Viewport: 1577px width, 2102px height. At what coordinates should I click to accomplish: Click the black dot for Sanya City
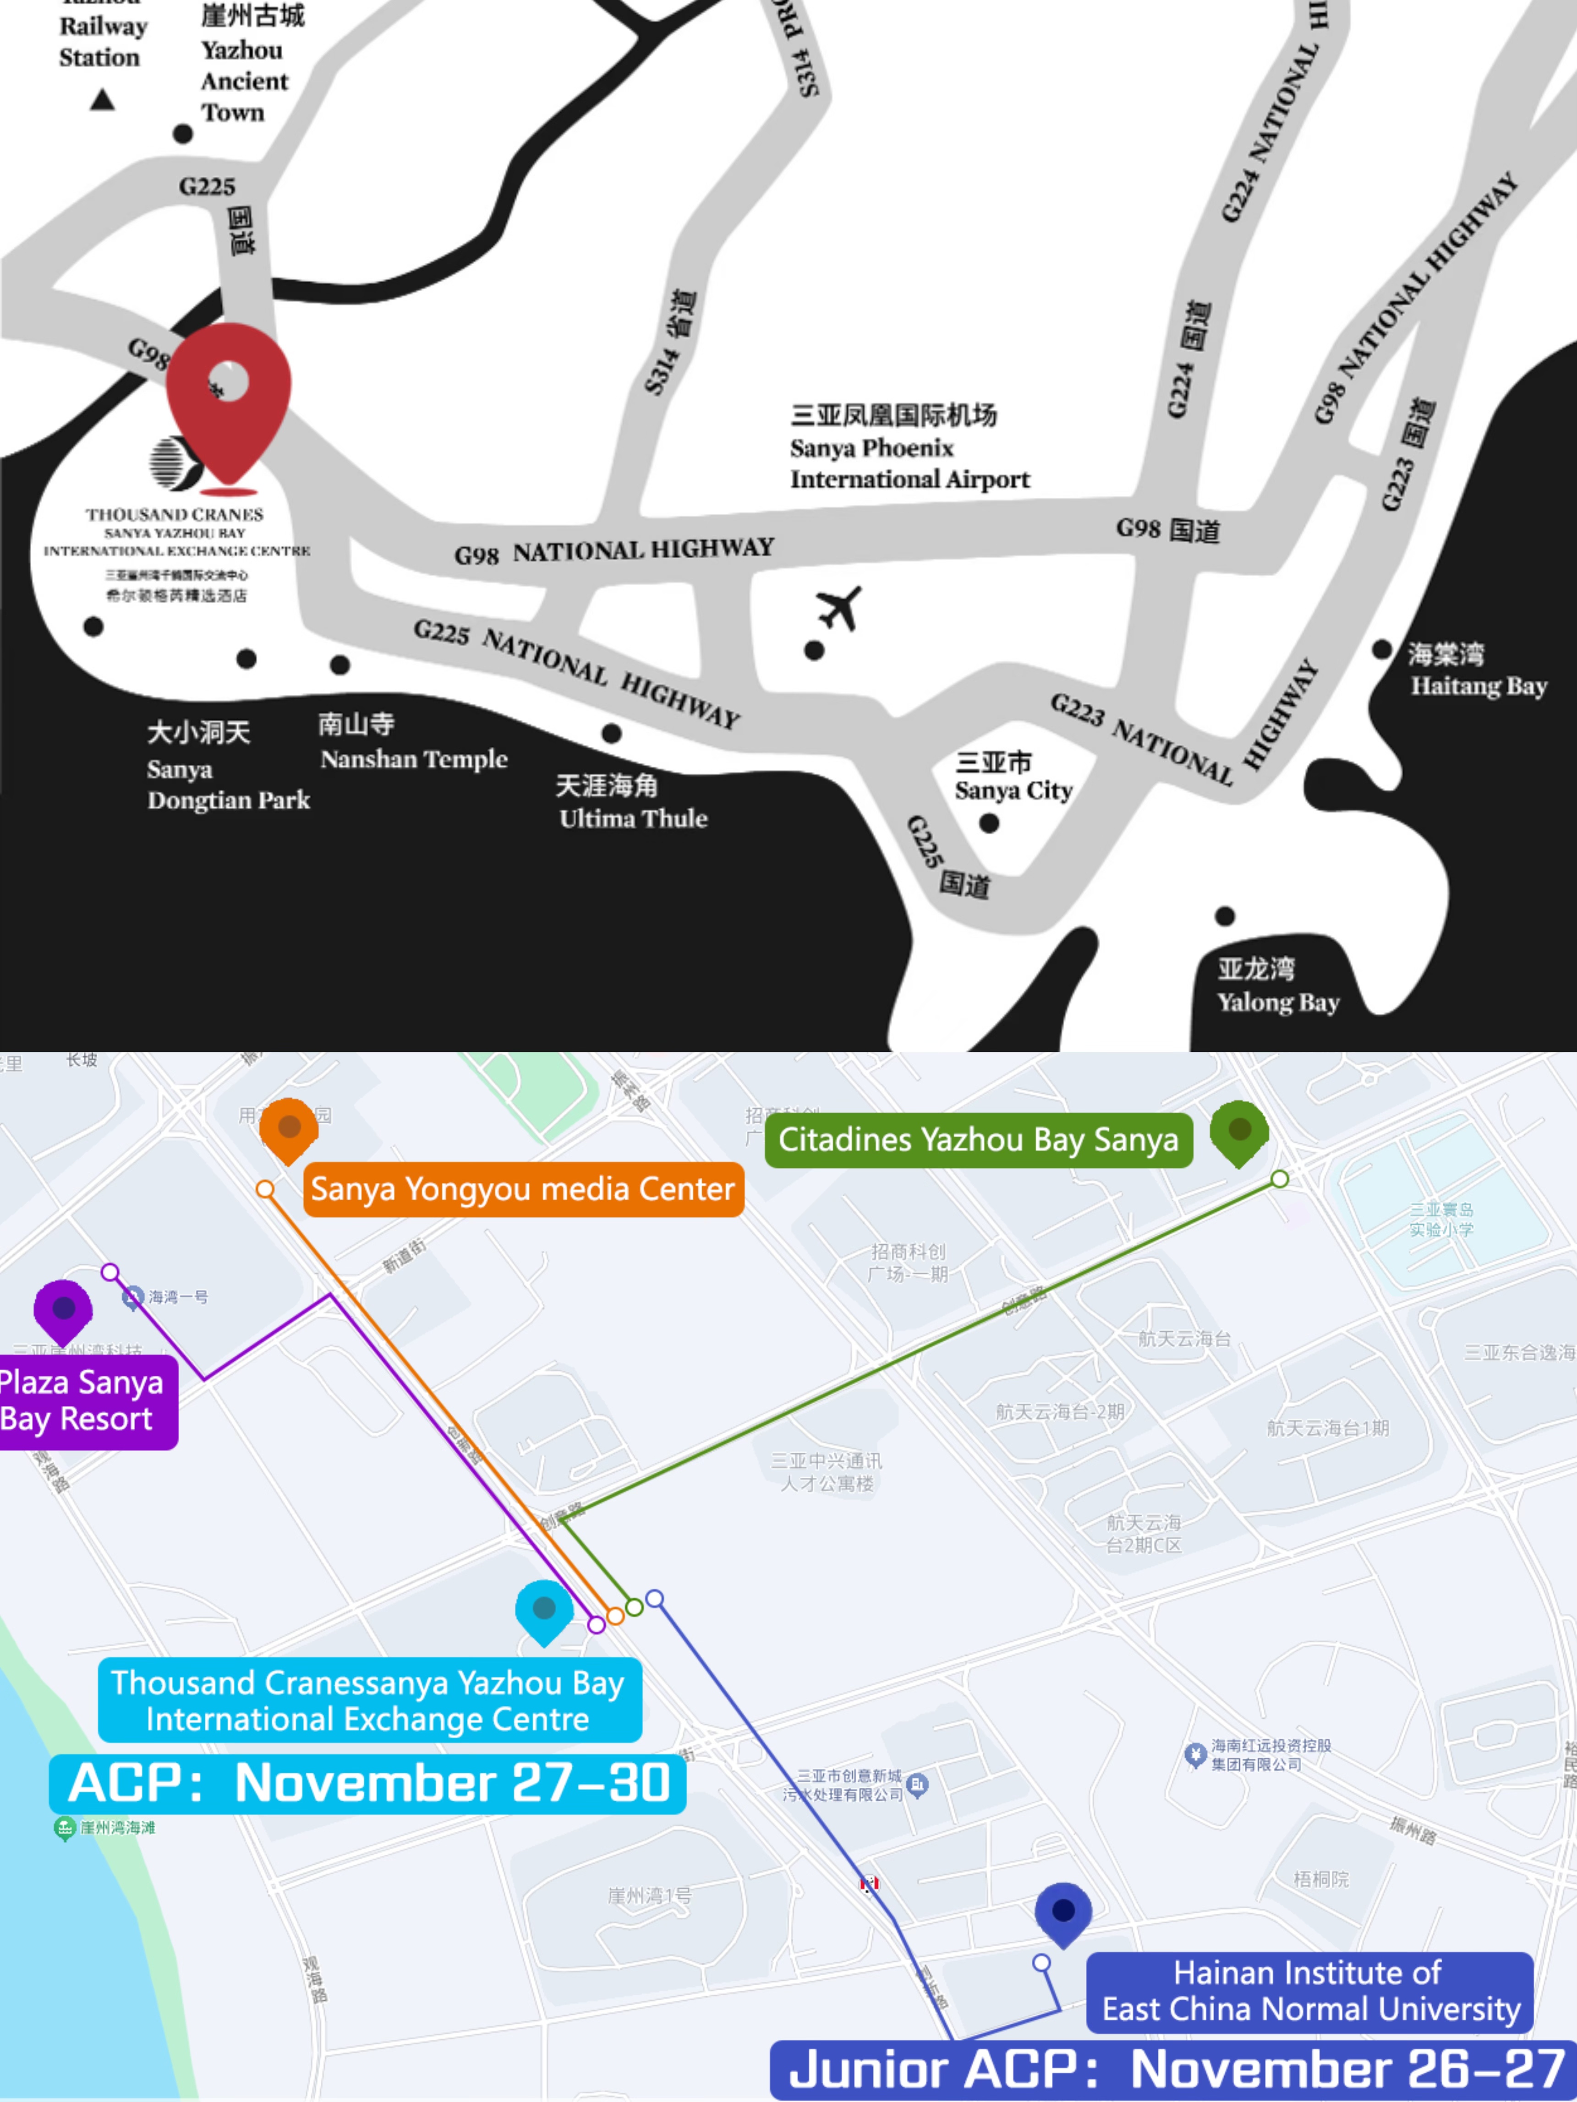pyautogui.click(x=989, y=823)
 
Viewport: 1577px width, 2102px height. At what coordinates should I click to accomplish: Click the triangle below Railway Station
pyautogui.click(x=102, y=100)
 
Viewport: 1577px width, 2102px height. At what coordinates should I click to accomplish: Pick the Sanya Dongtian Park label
pyautogui.click(x=228, y=767)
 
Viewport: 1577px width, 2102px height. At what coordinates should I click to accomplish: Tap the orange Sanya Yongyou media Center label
pyautogui.click(x=523, y=1189)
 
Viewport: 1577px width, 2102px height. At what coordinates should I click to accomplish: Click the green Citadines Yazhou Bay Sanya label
pyautogui.click(x=978, y=1139)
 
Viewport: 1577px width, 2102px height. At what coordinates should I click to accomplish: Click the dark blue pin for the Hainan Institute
pyautogui.click(x=1063, y=1912)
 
